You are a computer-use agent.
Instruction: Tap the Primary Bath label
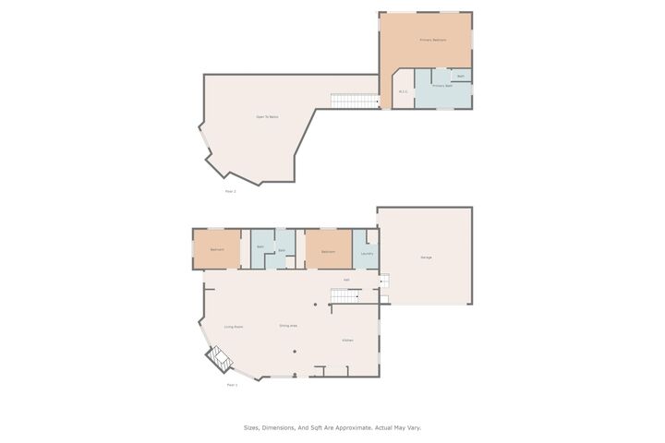[442, 86]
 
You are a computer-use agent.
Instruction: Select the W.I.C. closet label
[404, 91]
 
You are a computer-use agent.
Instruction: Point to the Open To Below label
[267, 116]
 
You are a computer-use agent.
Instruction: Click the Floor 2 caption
[231, 191]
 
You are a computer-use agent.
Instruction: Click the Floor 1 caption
[233, 385]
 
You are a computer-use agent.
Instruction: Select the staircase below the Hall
[344, 295]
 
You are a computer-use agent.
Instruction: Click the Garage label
[427, 257]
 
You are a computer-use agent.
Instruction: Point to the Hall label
[347, 280]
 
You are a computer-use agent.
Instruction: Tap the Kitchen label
[348, 341]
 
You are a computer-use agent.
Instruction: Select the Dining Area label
[288, 326]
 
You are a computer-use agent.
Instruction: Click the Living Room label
[234, 327]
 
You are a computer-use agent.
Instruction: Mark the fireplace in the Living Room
[220, 358]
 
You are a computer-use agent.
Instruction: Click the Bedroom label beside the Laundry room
[329, 250]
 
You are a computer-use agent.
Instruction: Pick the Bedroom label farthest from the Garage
[217, 250]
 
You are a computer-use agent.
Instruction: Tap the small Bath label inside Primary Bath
[461, 76]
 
